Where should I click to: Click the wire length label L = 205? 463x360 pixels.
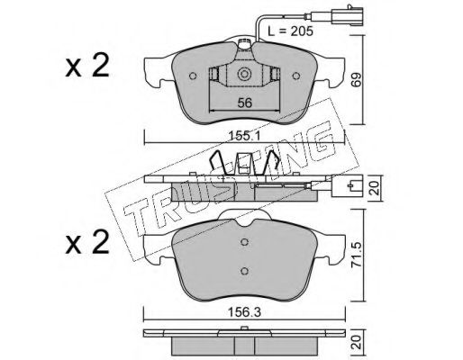tap(290, 31)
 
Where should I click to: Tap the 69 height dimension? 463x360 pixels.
tap(357, 79)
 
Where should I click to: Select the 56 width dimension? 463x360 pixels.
tap(244, 103)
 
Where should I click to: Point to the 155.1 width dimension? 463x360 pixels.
tap(244, 137)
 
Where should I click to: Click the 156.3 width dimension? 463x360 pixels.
tap(244, 312)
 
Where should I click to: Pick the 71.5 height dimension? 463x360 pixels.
tap(357, 256)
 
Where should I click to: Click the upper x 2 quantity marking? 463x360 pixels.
tap(87, 67)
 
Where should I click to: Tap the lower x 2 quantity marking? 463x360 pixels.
tap(87, 243)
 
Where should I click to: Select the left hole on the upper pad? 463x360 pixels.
tap(193, 76)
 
